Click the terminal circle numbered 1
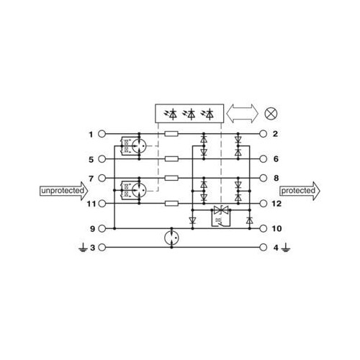click(x=102, y=134)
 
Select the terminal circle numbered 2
click(x=264, y=134)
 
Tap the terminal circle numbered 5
click(x=102, y=159)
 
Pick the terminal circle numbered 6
click(x=264, y=159)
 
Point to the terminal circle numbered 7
click(x=102, y=178)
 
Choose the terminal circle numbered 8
click(x=264, y=178)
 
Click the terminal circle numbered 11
click(x=102, y=204)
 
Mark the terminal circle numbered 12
click(x=264, y=204)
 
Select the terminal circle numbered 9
click(x=102, y=228)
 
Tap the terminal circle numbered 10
click(x=264, y=228)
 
